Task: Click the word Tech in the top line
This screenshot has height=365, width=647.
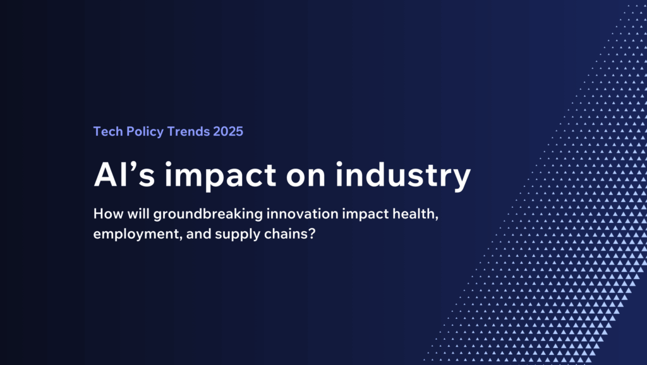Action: [108, 131]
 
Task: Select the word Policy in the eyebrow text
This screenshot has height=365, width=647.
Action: [145, 132]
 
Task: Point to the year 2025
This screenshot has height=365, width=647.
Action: [228, 131]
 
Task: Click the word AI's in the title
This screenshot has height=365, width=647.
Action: [124, 175]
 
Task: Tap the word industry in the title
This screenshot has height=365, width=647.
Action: [402, 176]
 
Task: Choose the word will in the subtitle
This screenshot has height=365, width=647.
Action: [138, 213]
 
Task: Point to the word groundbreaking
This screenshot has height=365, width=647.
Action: [208, 215]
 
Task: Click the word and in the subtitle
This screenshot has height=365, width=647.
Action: [199, 234]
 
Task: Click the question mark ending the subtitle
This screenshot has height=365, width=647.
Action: [312, 234]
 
